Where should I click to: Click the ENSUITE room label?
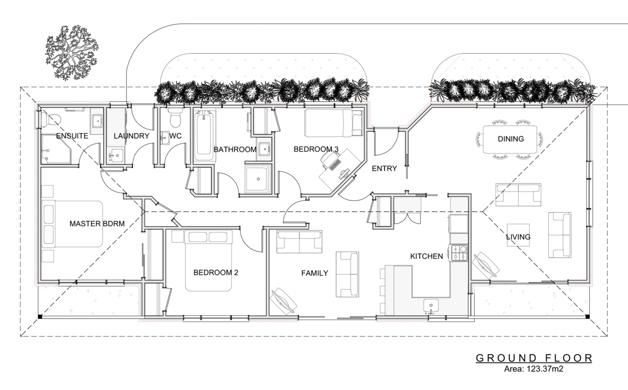[72, 136]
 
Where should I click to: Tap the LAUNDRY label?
[131, 136]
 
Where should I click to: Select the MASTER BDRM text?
[97, 224]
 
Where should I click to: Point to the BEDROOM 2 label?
[216, 273]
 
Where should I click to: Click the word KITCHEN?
[427, 256]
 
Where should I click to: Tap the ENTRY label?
[384, 169]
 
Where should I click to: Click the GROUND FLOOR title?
[534, 358]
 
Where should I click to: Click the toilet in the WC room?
[175, 118]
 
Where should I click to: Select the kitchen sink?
[431, 305]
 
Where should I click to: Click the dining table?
[510, 139]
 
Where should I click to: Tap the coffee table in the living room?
[518, 235]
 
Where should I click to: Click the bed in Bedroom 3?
[333, 123]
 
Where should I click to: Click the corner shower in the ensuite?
[56, 149]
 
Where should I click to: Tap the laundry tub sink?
[116, 154]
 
